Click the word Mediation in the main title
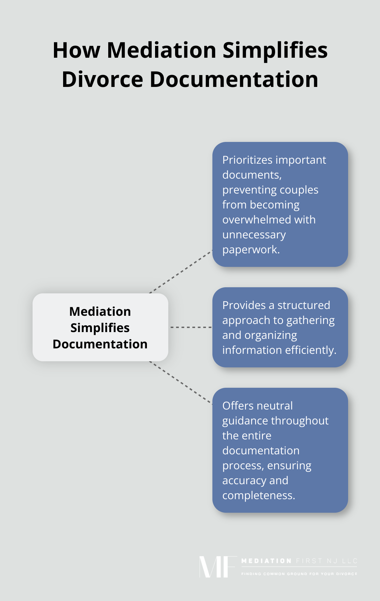tap(161, 50)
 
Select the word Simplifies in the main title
tap(275, 50)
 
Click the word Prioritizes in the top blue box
tap(247, 160)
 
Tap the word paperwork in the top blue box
tap(250, 250)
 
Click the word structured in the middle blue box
tap(303, 305)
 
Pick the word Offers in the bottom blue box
tap(237, 406)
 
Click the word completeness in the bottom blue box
tap(258, 495)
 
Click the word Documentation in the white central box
tap(100, 344)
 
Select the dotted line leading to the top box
tap(180, 272)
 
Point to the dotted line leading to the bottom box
tap(180, 383)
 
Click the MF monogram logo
tap(217, 567)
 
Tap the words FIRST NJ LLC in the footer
tap(326, 561)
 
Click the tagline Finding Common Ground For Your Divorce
tap(299, 574)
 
